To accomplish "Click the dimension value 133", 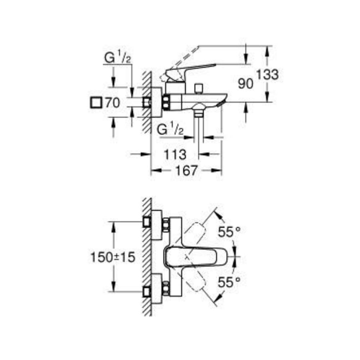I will pyautogui.click(x=267, y=75).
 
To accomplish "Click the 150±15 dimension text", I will pyautogui.click(x=112, y=257).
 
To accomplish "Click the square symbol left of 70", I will pyautogui.click(x=95, y=103).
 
